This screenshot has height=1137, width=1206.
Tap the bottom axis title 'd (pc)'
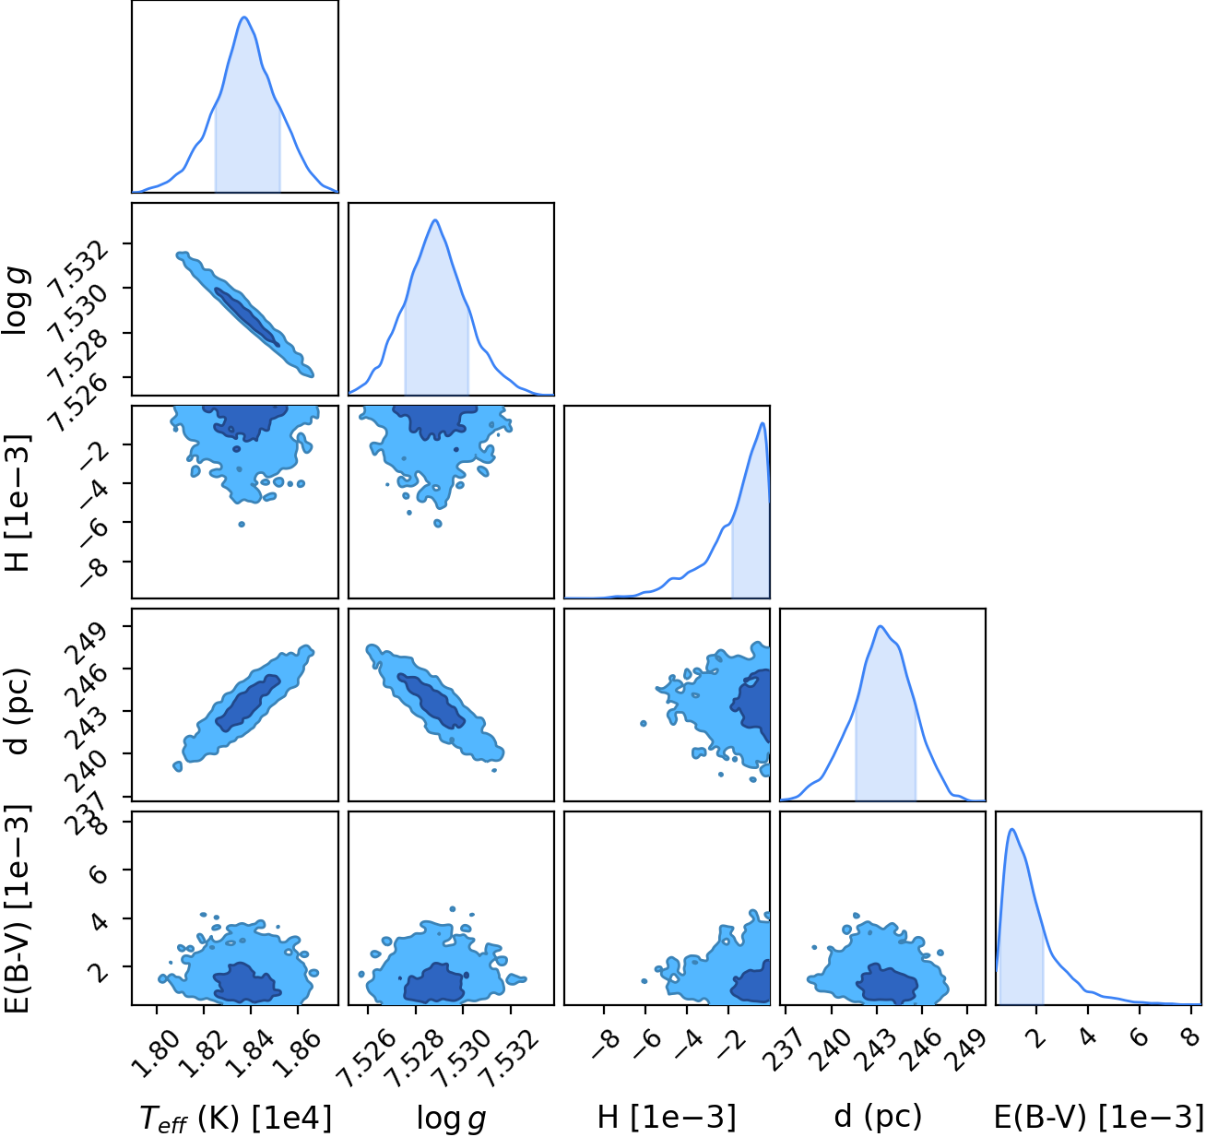(x=878, y=1117)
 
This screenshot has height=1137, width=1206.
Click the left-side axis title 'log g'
(x=18, y=299)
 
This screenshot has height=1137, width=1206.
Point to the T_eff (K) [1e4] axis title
(x=236, y=1118)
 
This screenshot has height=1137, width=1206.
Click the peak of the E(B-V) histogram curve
(x=1012, y=830)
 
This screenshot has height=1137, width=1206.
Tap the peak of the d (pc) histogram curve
(x=881, y=626)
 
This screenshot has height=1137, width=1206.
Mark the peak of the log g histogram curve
(x=435, y=219)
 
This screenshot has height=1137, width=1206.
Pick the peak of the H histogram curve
(x=763, y=423)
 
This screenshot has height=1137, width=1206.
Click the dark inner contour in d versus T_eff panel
(x=248, y=704)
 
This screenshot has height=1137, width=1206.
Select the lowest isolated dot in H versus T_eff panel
(x=242, y=524)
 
